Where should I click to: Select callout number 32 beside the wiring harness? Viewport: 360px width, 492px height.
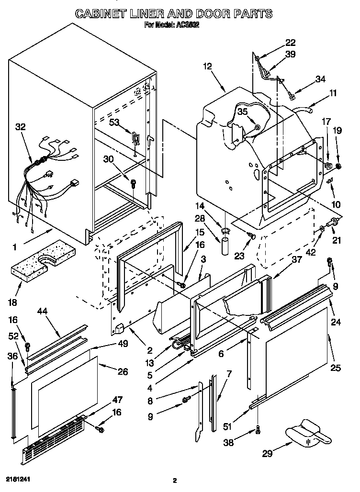21,127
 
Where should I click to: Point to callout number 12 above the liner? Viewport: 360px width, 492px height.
207,67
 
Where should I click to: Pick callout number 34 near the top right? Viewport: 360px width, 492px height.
320,79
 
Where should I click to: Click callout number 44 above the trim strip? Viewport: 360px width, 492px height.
43,311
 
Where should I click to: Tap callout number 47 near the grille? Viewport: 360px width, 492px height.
117,400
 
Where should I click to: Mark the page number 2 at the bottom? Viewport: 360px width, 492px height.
175,480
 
